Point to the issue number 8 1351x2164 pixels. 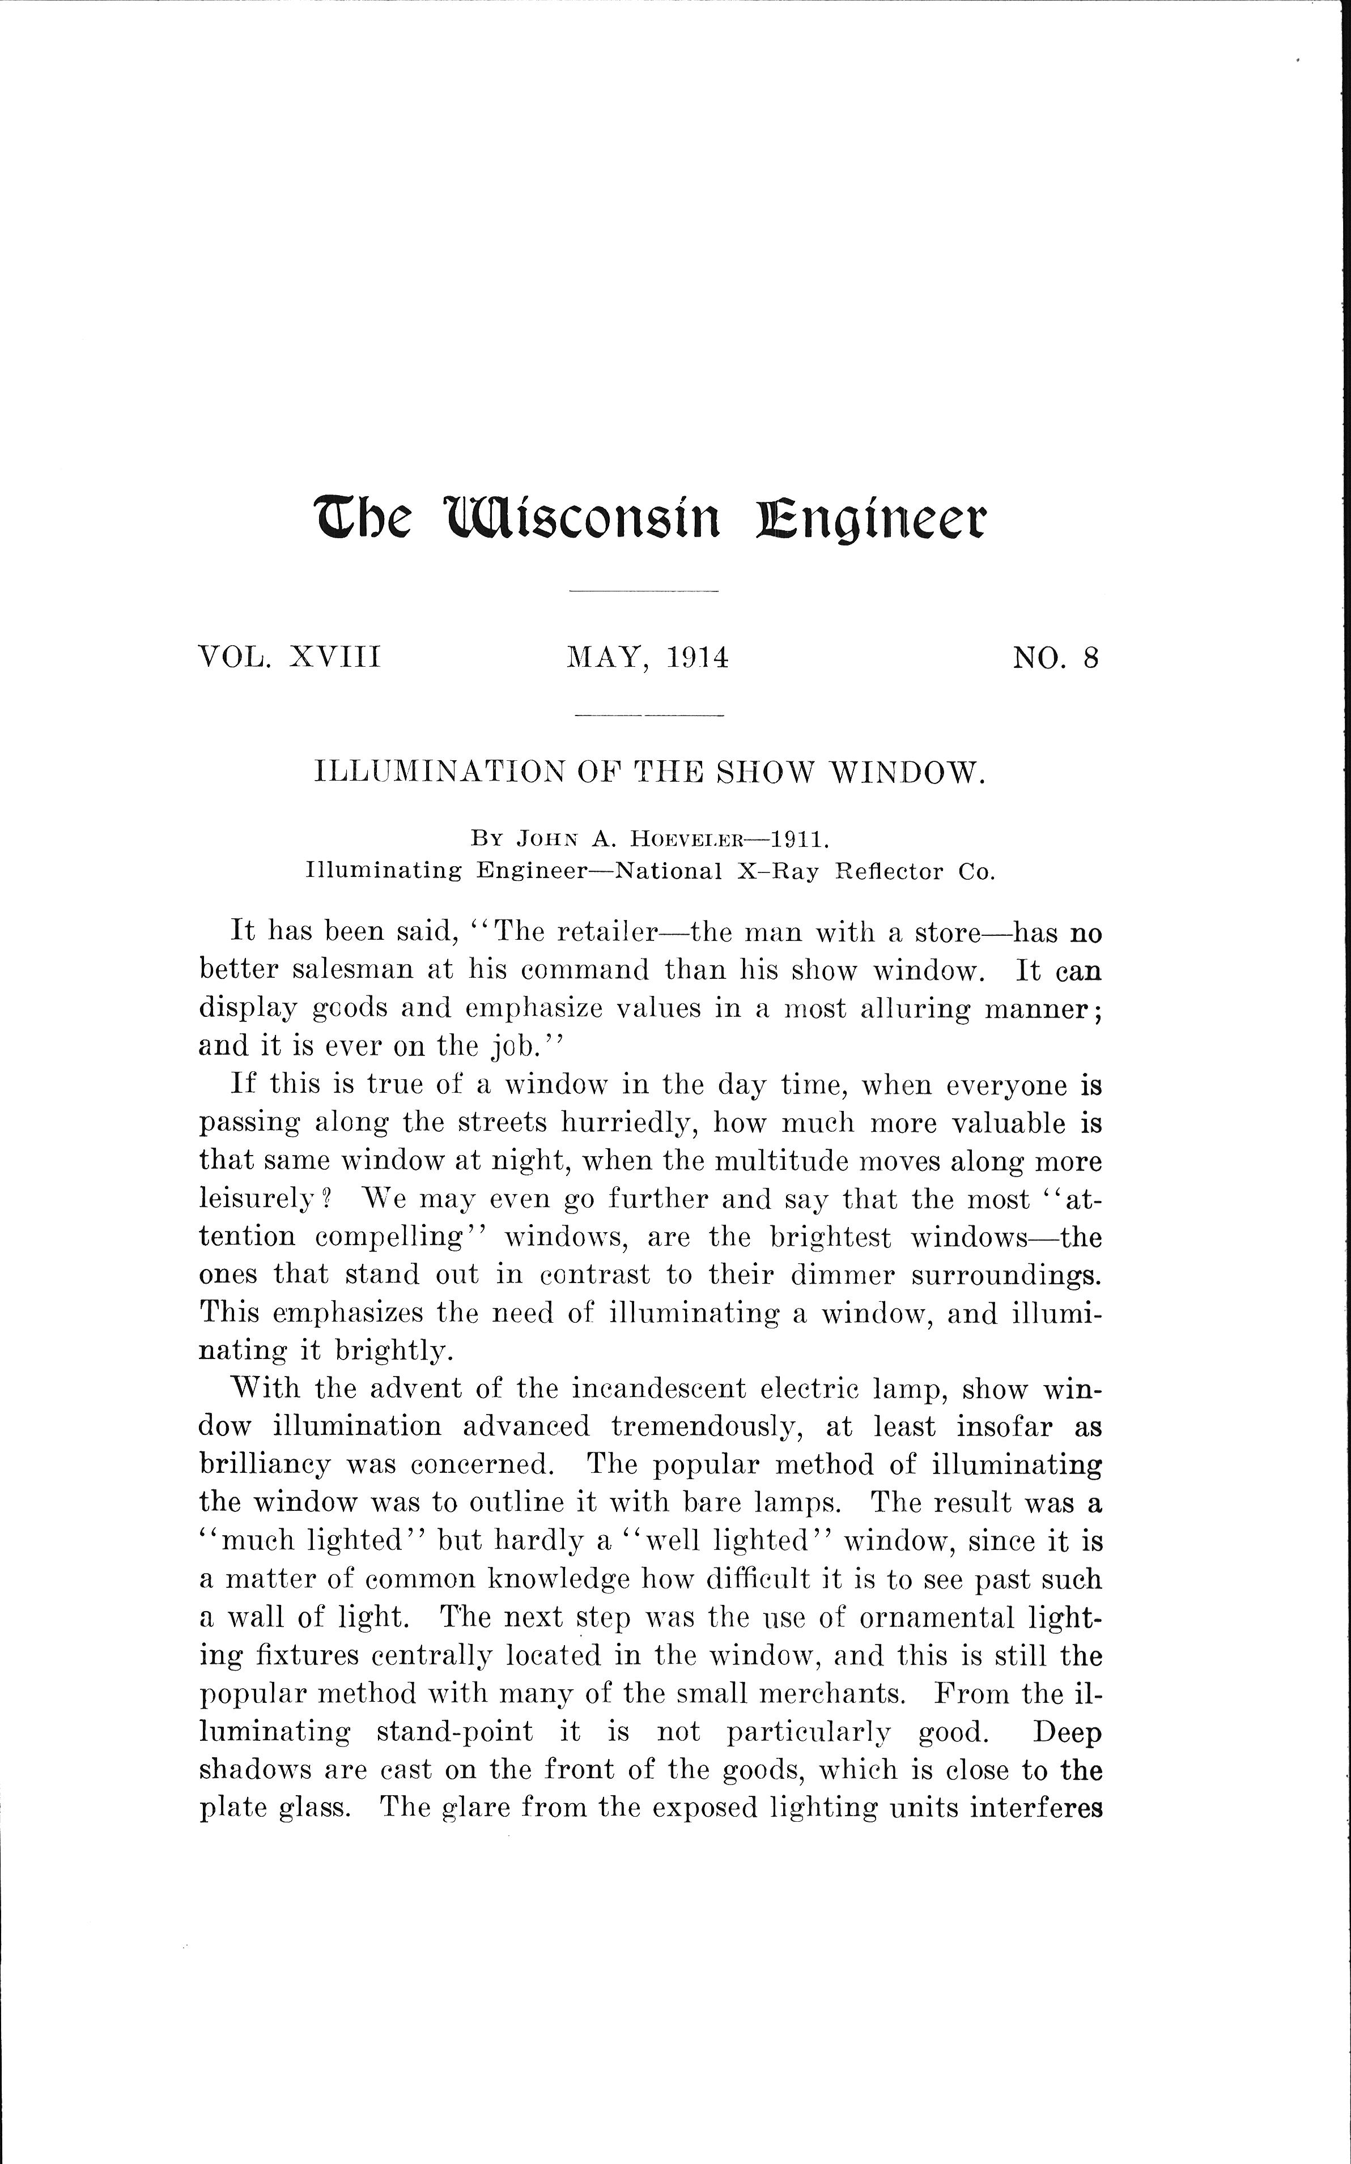pyautogui.click(x=1090, y=657)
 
